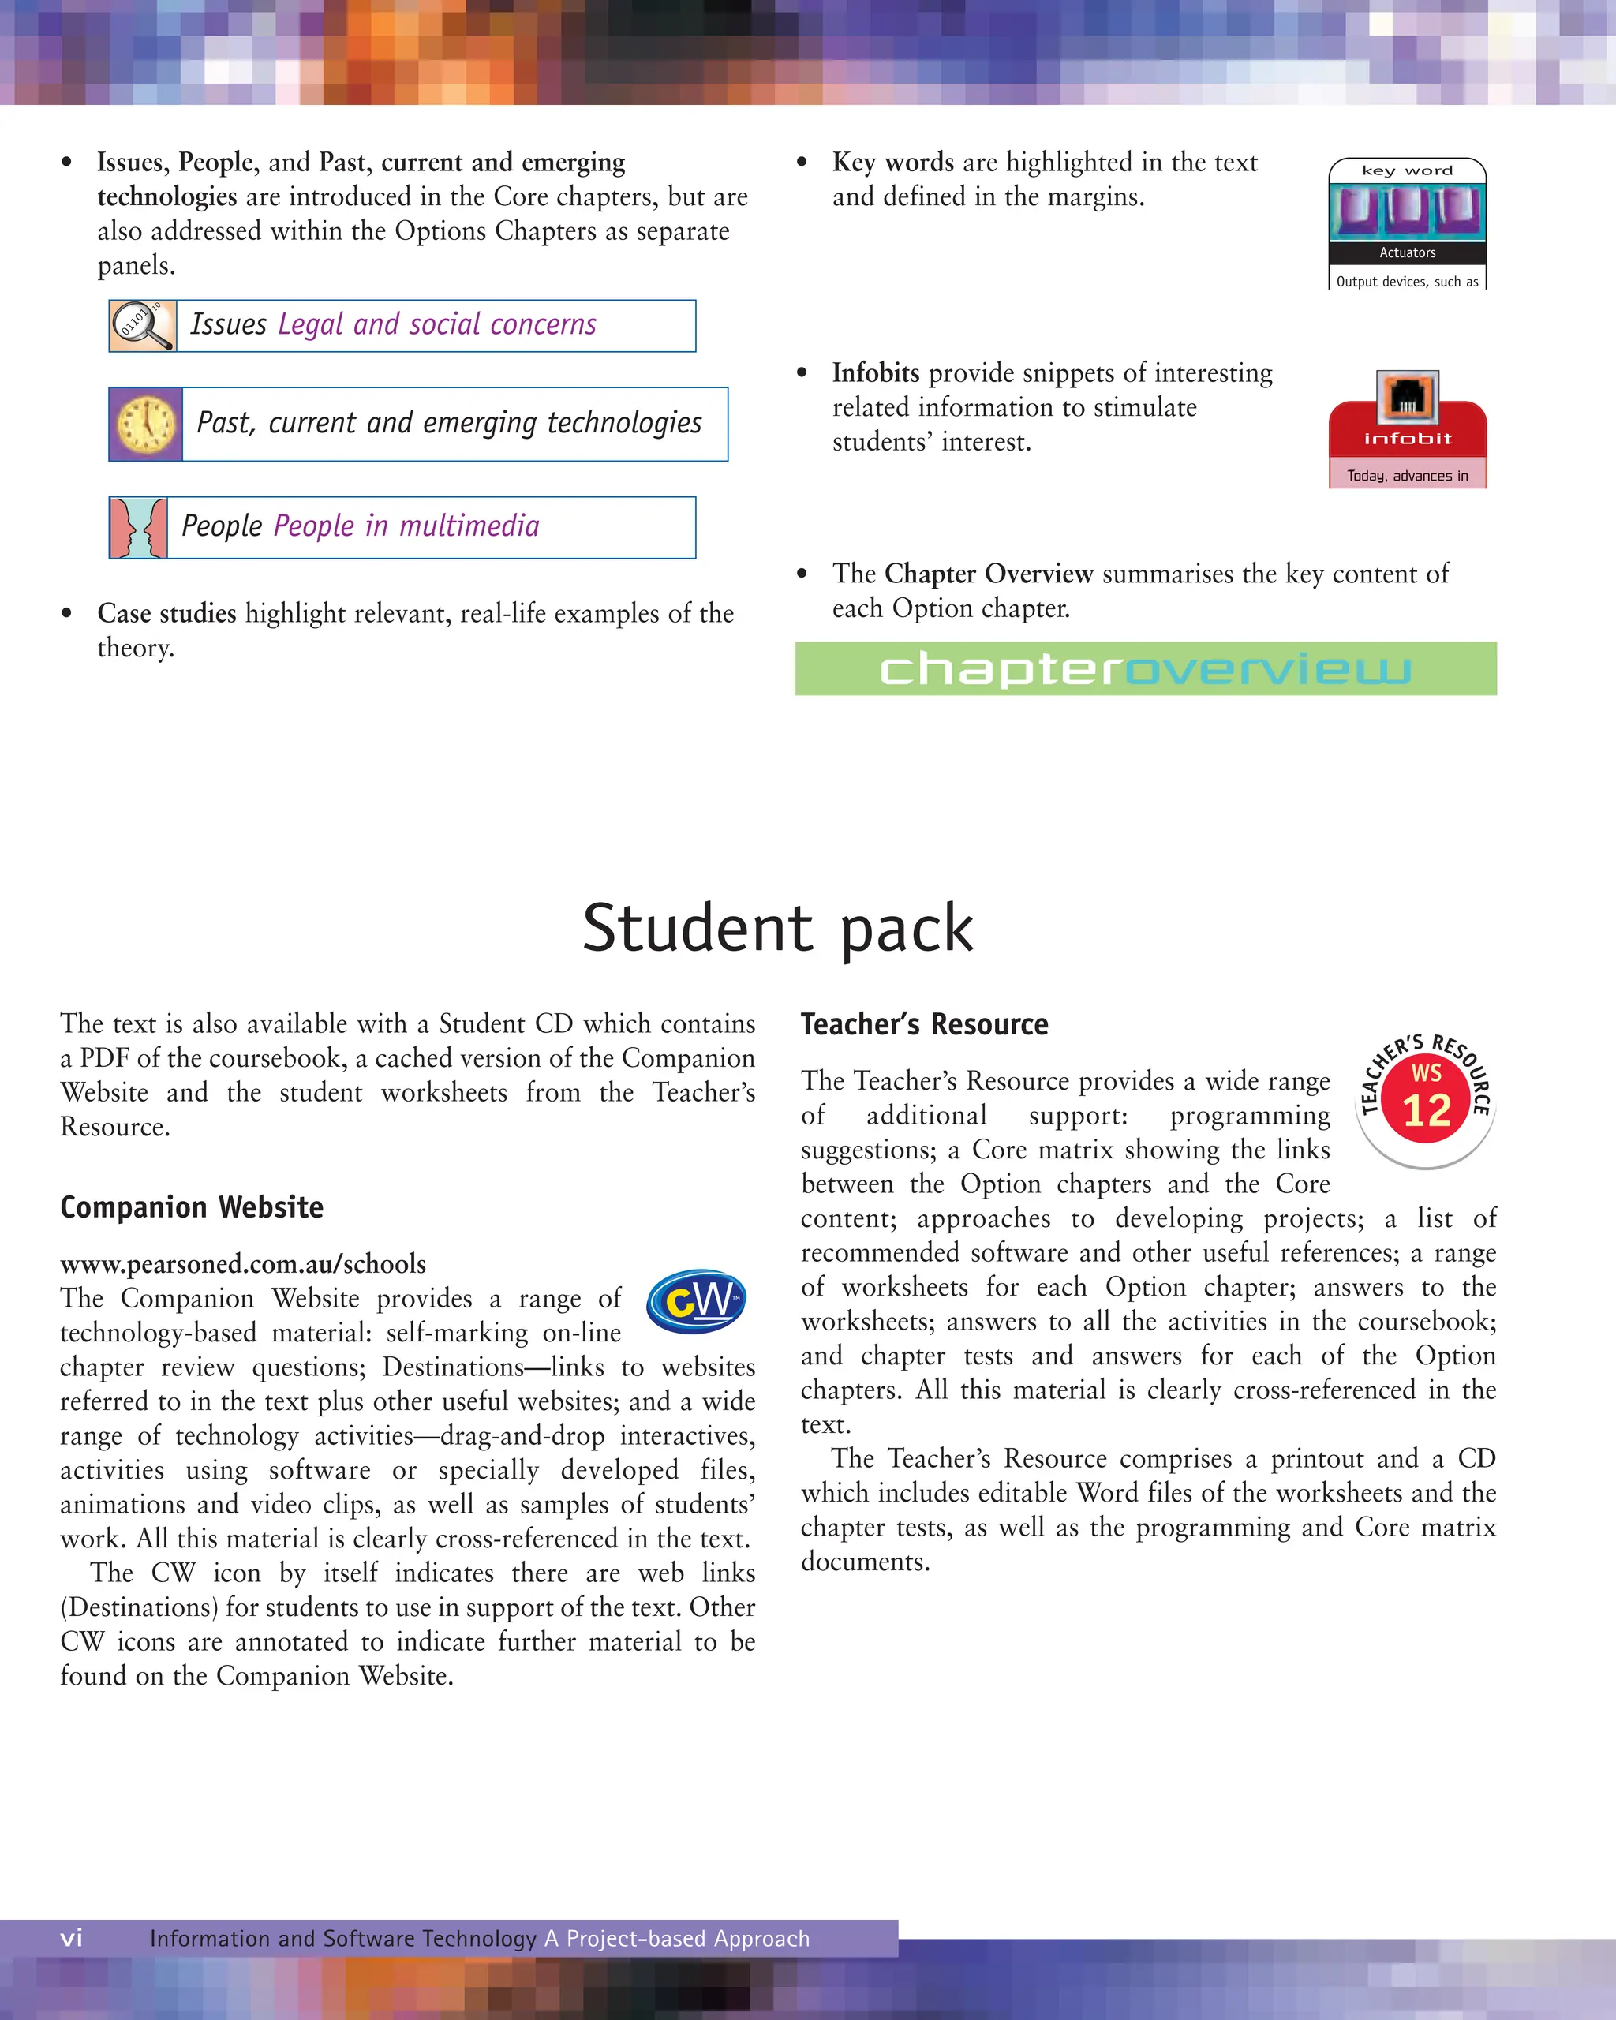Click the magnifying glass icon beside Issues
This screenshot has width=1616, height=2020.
[x=142, y=325]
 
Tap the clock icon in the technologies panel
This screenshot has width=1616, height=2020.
[x=146, y=425]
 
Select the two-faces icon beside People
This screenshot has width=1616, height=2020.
[x=139, y=527]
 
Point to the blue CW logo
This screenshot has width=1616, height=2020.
[x=696, y=1300]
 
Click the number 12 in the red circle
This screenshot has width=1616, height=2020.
[x=1426, y=1111]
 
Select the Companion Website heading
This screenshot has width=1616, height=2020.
[x=192, y=1206]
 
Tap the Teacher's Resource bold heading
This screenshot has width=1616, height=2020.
[x=924, y=1024]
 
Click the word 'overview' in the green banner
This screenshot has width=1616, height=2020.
[x=1267, y=669]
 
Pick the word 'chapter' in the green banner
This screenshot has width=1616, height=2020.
[x=1001, y=669]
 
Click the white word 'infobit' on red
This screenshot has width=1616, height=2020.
[x=1407, y=439]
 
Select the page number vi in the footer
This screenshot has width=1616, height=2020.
[x=71, y=1938]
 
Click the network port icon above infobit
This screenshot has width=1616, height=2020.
[x=1407, y=397]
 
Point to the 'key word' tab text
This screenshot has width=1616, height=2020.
[x=1407, y=170]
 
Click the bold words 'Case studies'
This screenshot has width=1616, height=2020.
[x=166, y=614]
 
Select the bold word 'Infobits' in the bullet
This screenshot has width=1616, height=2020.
[x=876, y=373]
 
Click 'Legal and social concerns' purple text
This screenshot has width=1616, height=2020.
[x=437, y=324]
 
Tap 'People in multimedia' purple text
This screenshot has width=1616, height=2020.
[x=406, y=526]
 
